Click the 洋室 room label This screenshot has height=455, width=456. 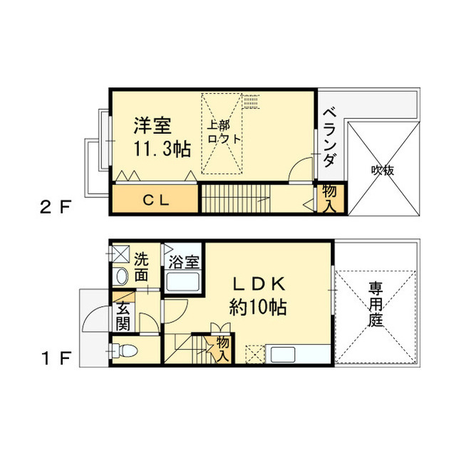coord(152,126)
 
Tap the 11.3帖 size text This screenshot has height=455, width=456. coord(162,150)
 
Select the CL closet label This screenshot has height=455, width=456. coord(153,200)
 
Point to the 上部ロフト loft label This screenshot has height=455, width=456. coord(224,132)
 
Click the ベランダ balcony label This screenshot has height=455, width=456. coord(329,137)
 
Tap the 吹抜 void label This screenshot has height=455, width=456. coord(382,170)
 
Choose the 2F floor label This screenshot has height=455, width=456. coord(55,209)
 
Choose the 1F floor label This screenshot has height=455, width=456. coord(55,358)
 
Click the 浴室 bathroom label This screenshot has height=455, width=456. coord(184,261)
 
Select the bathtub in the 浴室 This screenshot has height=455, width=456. coord(183,282)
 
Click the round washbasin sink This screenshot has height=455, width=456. coord(120,276)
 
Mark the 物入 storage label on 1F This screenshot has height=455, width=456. coord(223,348)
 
